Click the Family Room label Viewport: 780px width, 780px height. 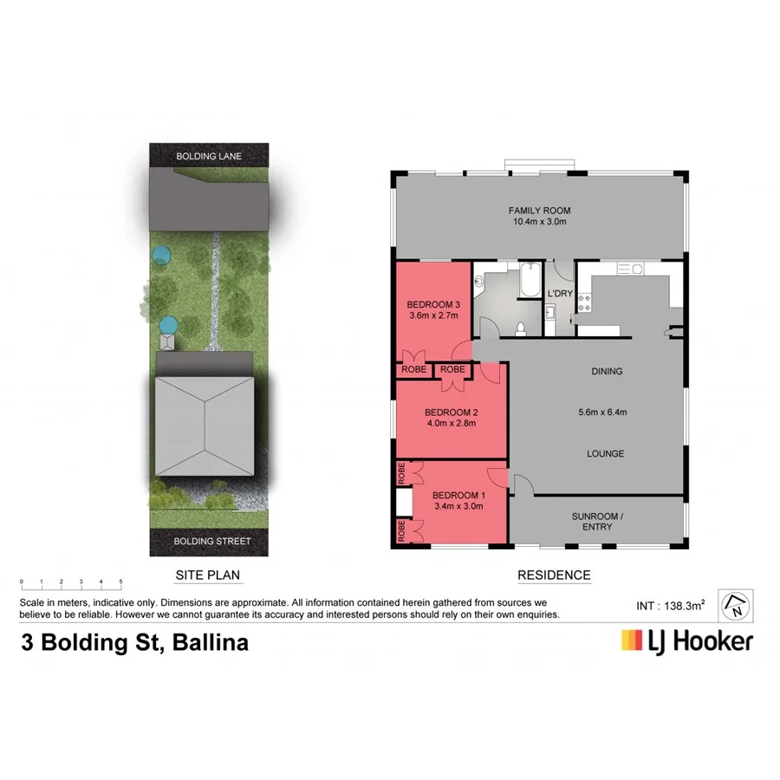click(539, 211)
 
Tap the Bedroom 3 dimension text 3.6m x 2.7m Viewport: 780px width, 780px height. click(433, 316)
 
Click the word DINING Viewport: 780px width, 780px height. click(607, 371)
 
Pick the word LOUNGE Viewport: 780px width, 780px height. click(606, 453)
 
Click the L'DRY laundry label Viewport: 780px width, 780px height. click(558, 293)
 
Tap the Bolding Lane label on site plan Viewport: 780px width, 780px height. click(208, 156)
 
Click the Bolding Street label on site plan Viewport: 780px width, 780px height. click(212, 542)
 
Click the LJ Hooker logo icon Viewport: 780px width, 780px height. click(632, 640)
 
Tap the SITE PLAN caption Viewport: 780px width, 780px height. click(207, 575)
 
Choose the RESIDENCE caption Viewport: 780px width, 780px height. click(554, 575)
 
